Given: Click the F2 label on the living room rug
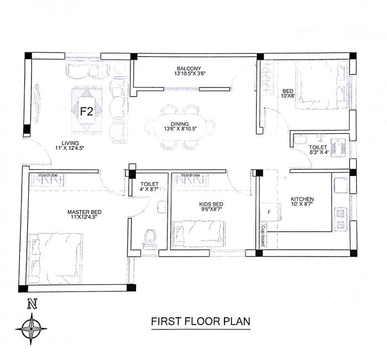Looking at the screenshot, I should [x=86, y=111].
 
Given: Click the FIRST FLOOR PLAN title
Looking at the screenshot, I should [x=201, y=321].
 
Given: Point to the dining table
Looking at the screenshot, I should [x=180, y=127].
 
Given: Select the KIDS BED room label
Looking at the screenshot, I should [x=211, y=204].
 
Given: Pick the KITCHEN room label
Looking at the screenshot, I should [x=302, y=199].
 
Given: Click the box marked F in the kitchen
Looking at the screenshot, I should [x=269, y=211].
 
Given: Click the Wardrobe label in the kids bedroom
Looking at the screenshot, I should [x=190, y=175].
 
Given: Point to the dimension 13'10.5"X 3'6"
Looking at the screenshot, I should [x=190, y=74].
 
